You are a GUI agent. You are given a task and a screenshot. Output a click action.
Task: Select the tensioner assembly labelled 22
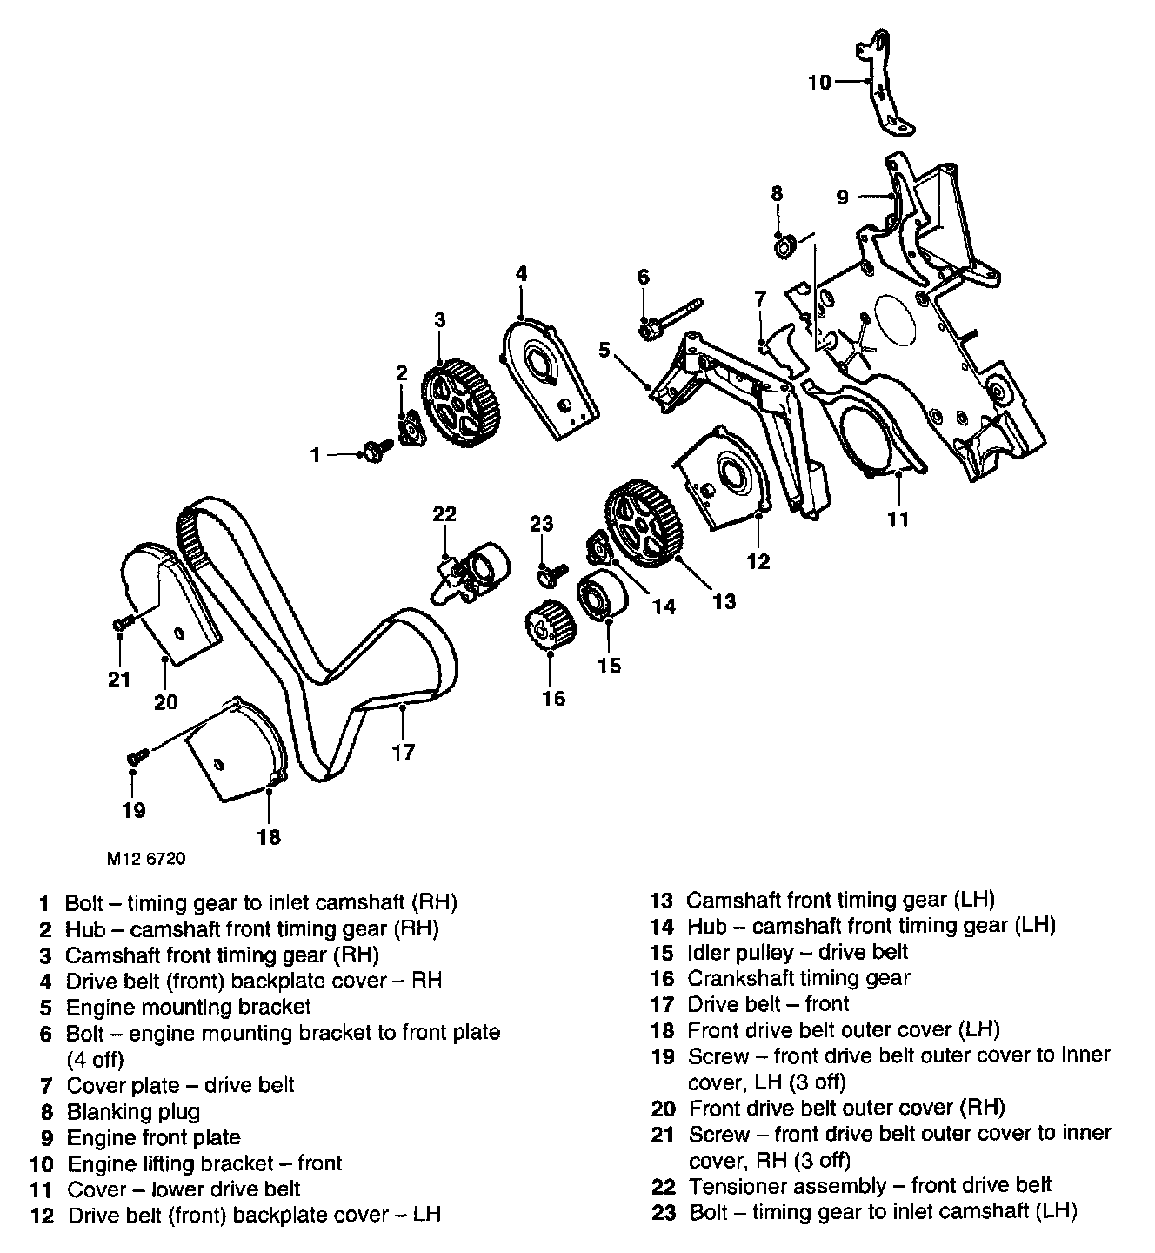coord(472,574)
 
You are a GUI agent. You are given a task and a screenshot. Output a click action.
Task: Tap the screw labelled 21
coord(121,622)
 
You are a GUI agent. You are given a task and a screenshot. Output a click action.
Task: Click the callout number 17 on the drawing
coord(404,751)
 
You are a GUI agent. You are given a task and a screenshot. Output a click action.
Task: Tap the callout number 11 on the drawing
coord(898,519)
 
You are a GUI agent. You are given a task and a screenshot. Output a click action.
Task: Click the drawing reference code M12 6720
coord(145,858)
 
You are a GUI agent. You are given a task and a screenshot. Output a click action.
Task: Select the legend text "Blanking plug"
coord(133,1111)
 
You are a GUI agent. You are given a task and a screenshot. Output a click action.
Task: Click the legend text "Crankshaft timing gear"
coord(798,978)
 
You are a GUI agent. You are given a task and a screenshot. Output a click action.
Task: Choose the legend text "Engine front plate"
coord(153,1137)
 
